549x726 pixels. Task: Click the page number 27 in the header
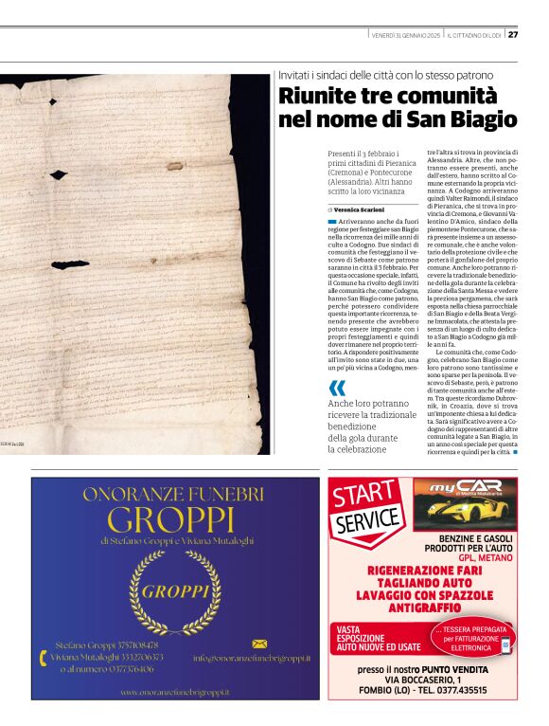[x=513, y=35]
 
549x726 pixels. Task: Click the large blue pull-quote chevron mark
[x=337, y=389]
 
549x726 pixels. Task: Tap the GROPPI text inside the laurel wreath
[x=175, y=592]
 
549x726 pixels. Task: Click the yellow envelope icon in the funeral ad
[x=258, y=644]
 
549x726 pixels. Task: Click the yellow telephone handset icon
[x=43, y=656]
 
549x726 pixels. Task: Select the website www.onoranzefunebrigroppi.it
[x=174, y=693]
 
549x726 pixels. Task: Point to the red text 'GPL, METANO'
[x=484, y=558]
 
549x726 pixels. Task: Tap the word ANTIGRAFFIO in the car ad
[x=423, y=607]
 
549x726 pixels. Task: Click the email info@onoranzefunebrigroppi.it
[x=252, y=658]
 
